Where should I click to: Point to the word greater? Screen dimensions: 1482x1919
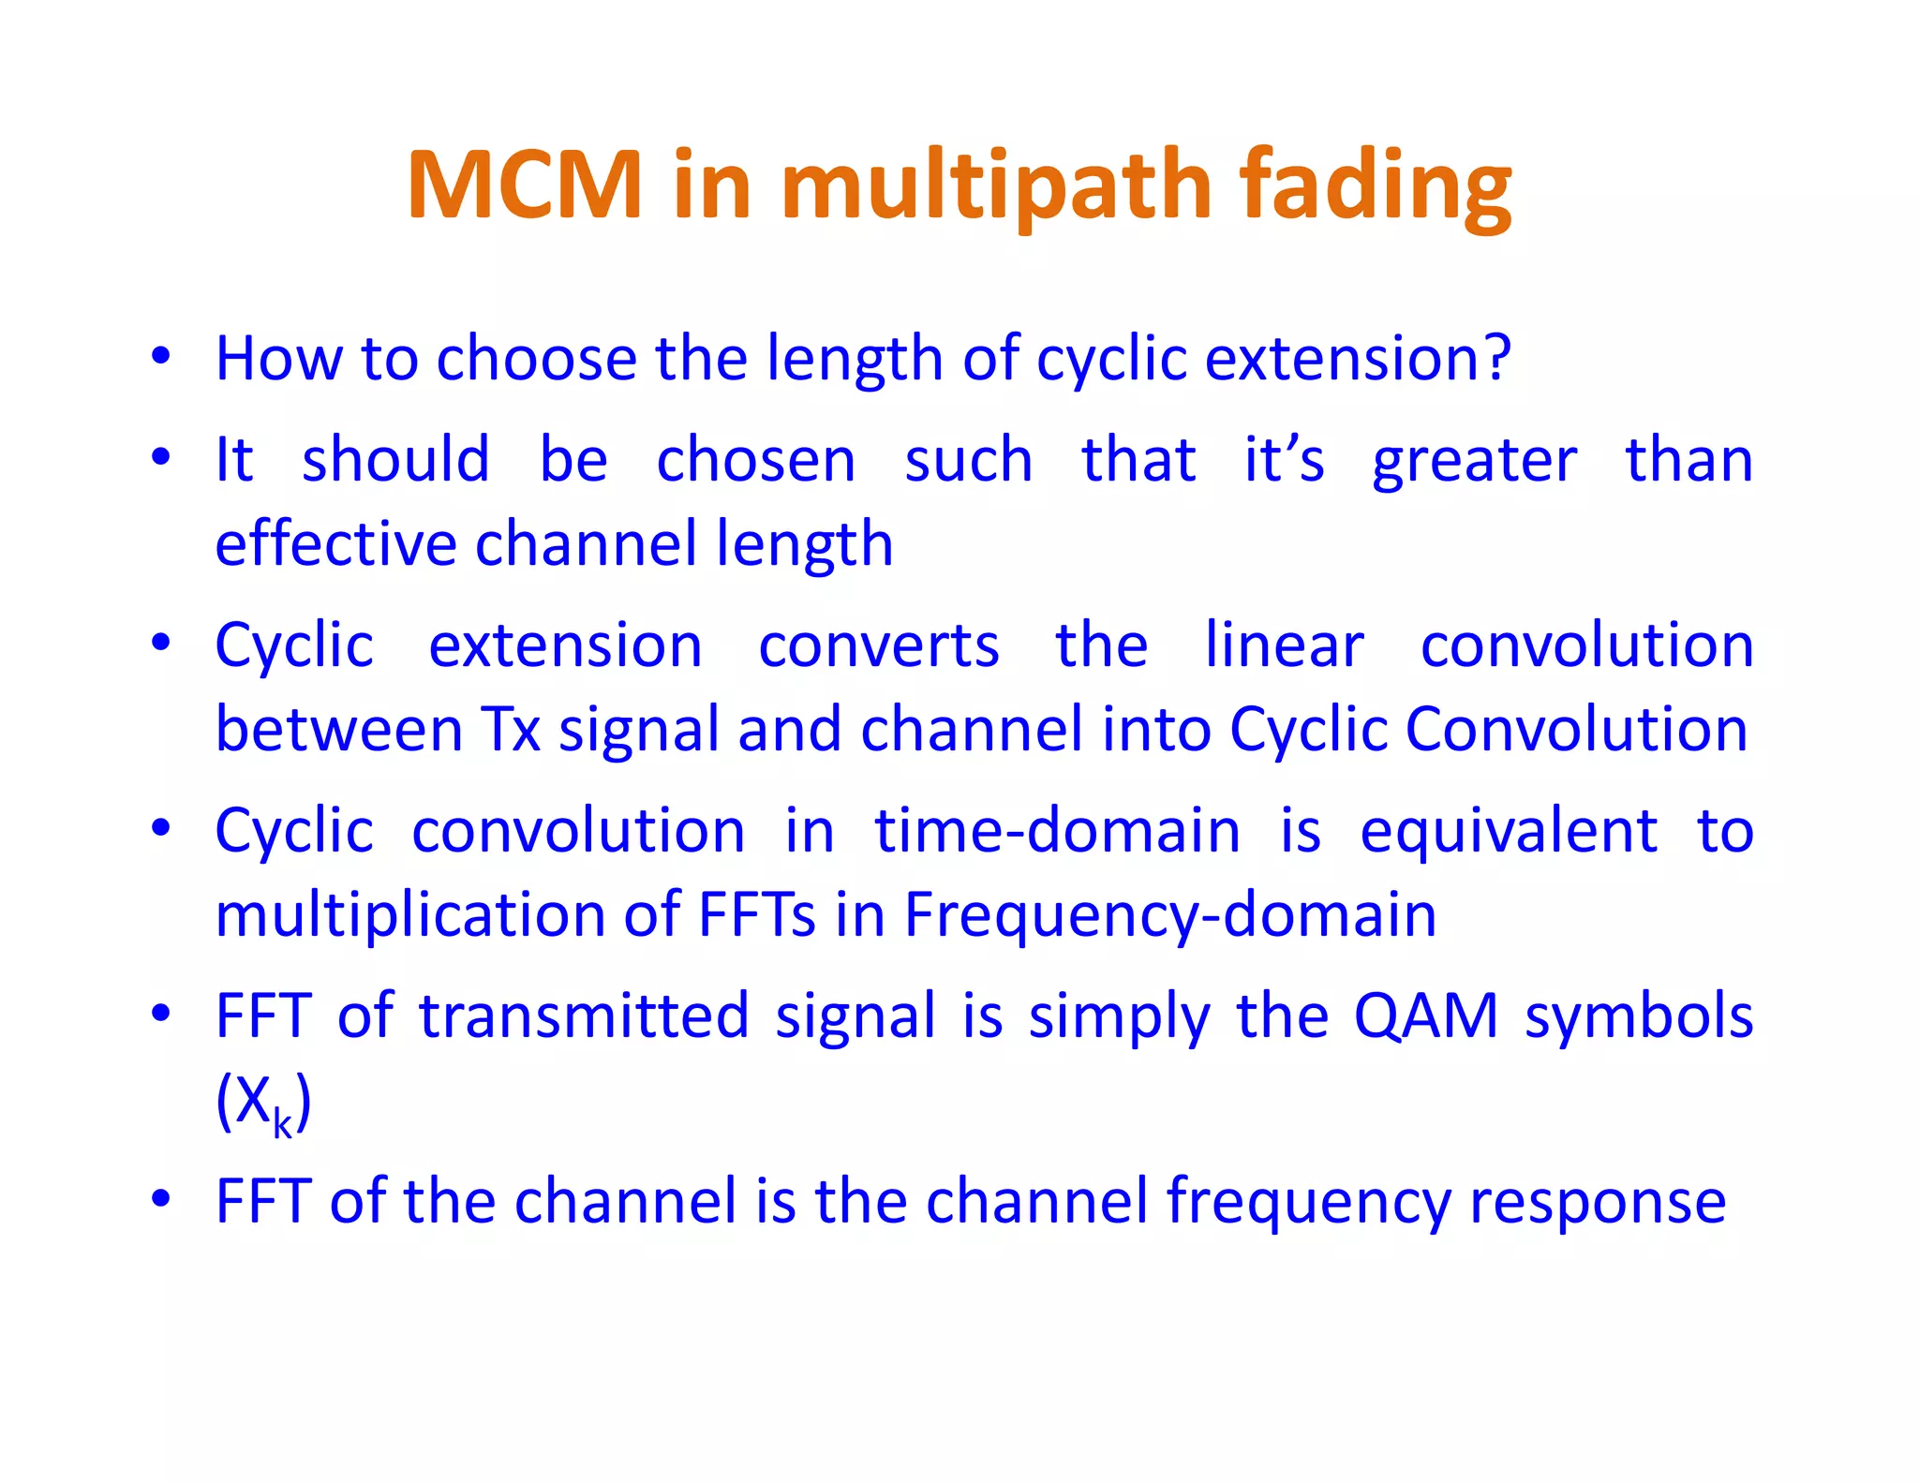(x=1474, y=461)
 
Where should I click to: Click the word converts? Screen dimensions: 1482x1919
(x=878, y=645)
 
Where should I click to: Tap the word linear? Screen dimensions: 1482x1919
(x=1284, y=645)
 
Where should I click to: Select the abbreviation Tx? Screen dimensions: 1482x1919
(x=511, y=729)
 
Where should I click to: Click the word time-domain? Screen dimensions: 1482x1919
(x=1057, y=831)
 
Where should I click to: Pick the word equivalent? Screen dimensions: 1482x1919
(x=1508, y=831)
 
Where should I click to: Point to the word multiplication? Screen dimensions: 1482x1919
(x=409, y=914)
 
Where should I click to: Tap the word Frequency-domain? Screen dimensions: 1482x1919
(x=1169, y=914)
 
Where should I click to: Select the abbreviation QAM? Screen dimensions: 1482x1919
(x=1425, y=1015)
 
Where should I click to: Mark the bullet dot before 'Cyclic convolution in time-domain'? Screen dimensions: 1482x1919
(x=161, y=828)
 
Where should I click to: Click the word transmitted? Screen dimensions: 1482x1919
(x=583, y=1015)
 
